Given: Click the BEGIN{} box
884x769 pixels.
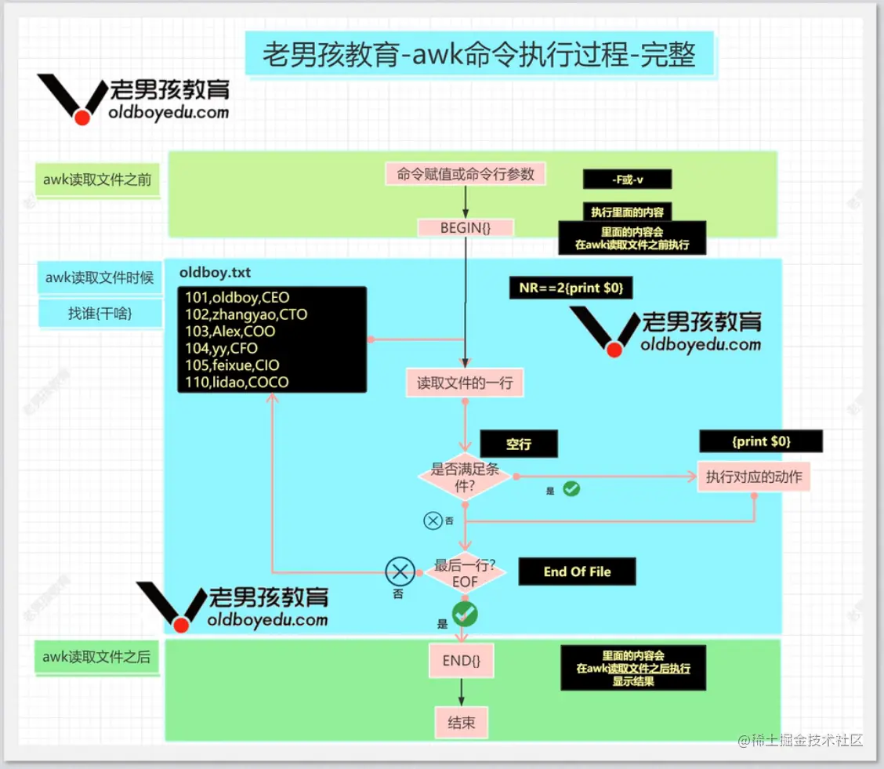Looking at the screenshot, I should (466, 228).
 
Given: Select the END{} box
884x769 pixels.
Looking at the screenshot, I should (461, 660).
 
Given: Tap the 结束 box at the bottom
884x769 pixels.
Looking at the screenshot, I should (461, 723).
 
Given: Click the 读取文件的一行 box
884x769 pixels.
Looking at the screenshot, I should (464, 383).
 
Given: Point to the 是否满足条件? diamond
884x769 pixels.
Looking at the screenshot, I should (466, 477).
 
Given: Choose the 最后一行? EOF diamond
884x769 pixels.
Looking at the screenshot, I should (465, 574).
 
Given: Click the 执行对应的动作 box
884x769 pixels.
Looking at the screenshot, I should (753, 476).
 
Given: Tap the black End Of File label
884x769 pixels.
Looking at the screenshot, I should (577, 571).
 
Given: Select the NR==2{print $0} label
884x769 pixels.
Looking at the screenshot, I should (571, 288).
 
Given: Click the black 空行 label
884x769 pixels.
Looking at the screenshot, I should (518, 444).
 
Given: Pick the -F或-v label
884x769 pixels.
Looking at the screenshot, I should (627, 179).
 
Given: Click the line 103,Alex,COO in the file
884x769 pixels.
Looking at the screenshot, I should (230, 331).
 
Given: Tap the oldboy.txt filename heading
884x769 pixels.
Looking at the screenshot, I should (216, 273).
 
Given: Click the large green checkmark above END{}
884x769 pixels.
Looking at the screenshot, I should (465, 613).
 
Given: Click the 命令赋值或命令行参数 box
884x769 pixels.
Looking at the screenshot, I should (466, 174).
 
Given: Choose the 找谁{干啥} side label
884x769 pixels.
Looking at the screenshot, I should (100, 314).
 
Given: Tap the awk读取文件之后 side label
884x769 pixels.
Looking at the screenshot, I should (96, 657).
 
